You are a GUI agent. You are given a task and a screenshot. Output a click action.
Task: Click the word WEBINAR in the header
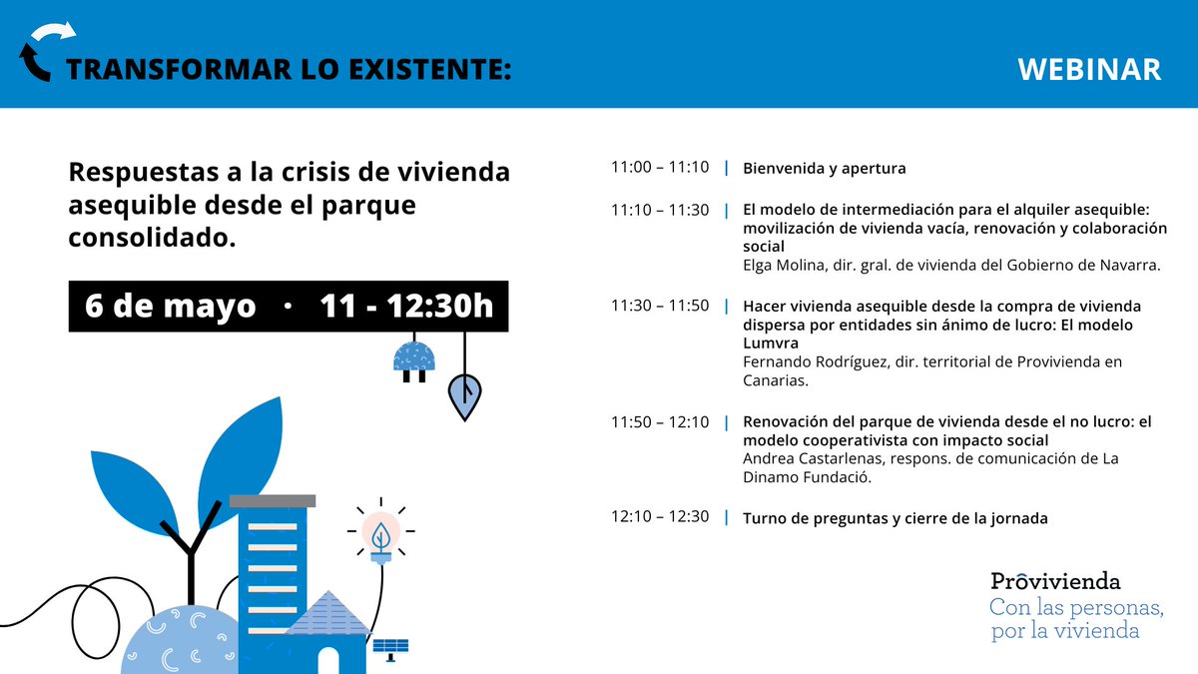point(1089,69)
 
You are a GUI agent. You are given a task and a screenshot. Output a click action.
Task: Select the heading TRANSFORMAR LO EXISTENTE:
point(289,69)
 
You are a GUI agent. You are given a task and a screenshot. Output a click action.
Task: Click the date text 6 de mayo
point(171,306)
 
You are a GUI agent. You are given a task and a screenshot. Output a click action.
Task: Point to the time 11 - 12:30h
point(406,306)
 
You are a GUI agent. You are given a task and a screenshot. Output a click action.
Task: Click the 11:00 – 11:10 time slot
point(660,168)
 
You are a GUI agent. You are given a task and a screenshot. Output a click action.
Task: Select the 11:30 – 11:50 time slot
point(660,306)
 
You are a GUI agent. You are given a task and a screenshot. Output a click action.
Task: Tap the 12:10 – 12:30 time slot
point(660,517)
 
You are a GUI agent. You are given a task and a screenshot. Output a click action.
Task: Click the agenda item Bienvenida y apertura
point(825,168)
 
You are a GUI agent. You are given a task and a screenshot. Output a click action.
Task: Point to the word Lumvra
point(771,342)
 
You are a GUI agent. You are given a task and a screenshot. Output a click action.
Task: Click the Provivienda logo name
point(1055,581)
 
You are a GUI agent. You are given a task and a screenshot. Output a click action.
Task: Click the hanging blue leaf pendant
point(464,395)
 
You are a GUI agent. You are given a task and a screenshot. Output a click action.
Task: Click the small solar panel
point(390,647)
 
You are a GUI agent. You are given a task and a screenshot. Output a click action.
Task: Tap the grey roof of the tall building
point(273,500)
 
